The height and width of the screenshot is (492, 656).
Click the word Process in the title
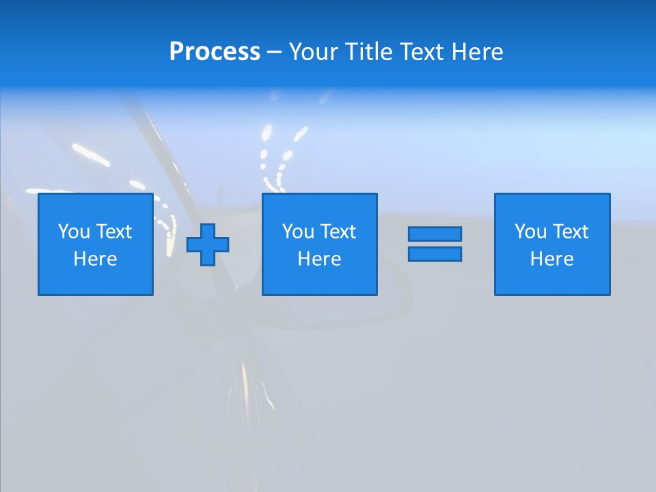[x=215, y=52]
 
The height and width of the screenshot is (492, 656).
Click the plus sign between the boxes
[x=208, y=244]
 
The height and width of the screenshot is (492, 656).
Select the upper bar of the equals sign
[x=435, y=234]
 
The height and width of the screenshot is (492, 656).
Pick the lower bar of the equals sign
[x=435, y=254]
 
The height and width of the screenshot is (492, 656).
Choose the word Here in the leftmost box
[x=95, y=259]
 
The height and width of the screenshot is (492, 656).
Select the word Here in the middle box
[x=319, y=259]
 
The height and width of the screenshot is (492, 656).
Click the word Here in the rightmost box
[x=551, y=259]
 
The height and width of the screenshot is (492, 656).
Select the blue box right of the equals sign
[x=552, y=280]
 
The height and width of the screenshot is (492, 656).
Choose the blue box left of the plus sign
[x=96, y=280]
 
